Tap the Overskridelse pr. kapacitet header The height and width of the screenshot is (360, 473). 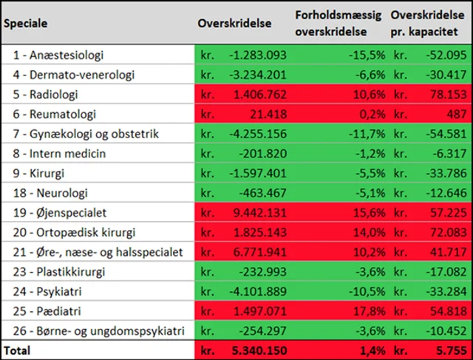(429, 23)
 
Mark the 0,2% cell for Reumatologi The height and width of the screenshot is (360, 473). (369, 115)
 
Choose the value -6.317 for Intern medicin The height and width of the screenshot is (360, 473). (446, 154)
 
